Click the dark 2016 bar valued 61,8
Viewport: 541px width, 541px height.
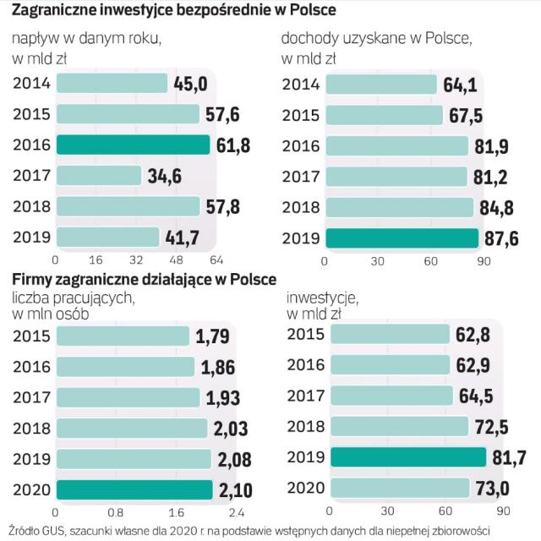tap(132, 145)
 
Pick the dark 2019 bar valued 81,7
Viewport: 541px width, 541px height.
tap(408, 457)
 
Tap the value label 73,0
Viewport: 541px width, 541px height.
tap(496, 489)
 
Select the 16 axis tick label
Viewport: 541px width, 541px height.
tap(95, 260)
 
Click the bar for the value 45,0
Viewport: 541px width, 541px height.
tap(112, 83)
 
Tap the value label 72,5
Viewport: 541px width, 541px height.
tap(495, 426)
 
